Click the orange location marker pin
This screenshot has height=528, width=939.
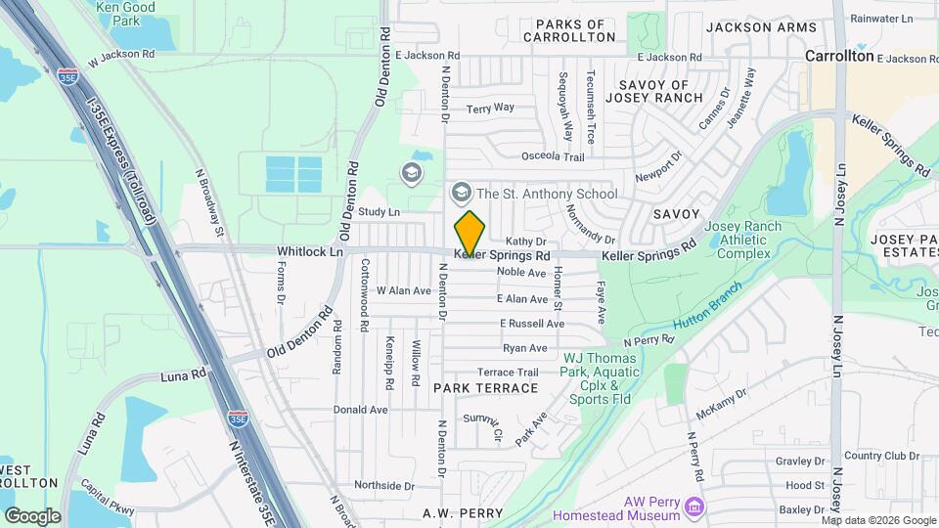coord(469,233)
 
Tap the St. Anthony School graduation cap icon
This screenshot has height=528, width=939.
coord(461,193)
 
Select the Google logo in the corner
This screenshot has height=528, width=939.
coord(32,515)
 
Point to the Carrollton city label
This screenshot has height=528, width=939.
coord(838,57)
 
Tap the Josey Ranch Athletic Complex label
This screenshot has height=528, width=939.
coord(749,240)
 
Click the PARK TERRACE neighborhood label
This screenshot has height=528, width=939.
coord(485,388)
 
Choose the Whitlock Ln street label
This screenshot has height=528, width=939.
coord(310,251)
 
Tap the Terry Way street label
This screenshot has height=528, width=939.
coord(490,109)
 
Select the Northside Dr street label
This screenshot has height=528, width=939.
coord(378,485)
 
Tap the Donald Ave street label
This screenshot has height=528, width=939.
coord(360,410)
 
